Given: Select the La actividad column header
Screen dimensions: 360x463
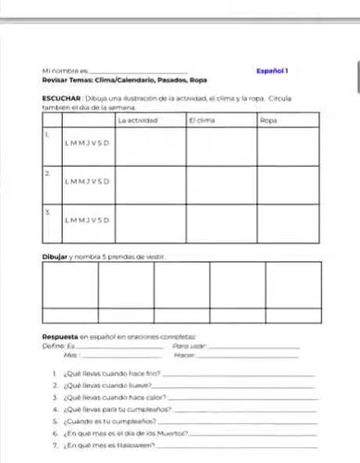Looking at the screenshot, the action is click(x=138, y=120).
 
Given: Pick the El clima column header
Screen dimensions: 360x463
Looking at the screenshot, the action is click(x=203, y=120).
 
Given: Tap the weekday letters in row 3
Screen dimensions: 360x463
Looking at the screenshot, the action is click(x=88, y=220).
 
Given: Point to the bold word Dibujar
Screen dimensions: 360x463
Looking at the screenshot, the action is click(x=57, y=255).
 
